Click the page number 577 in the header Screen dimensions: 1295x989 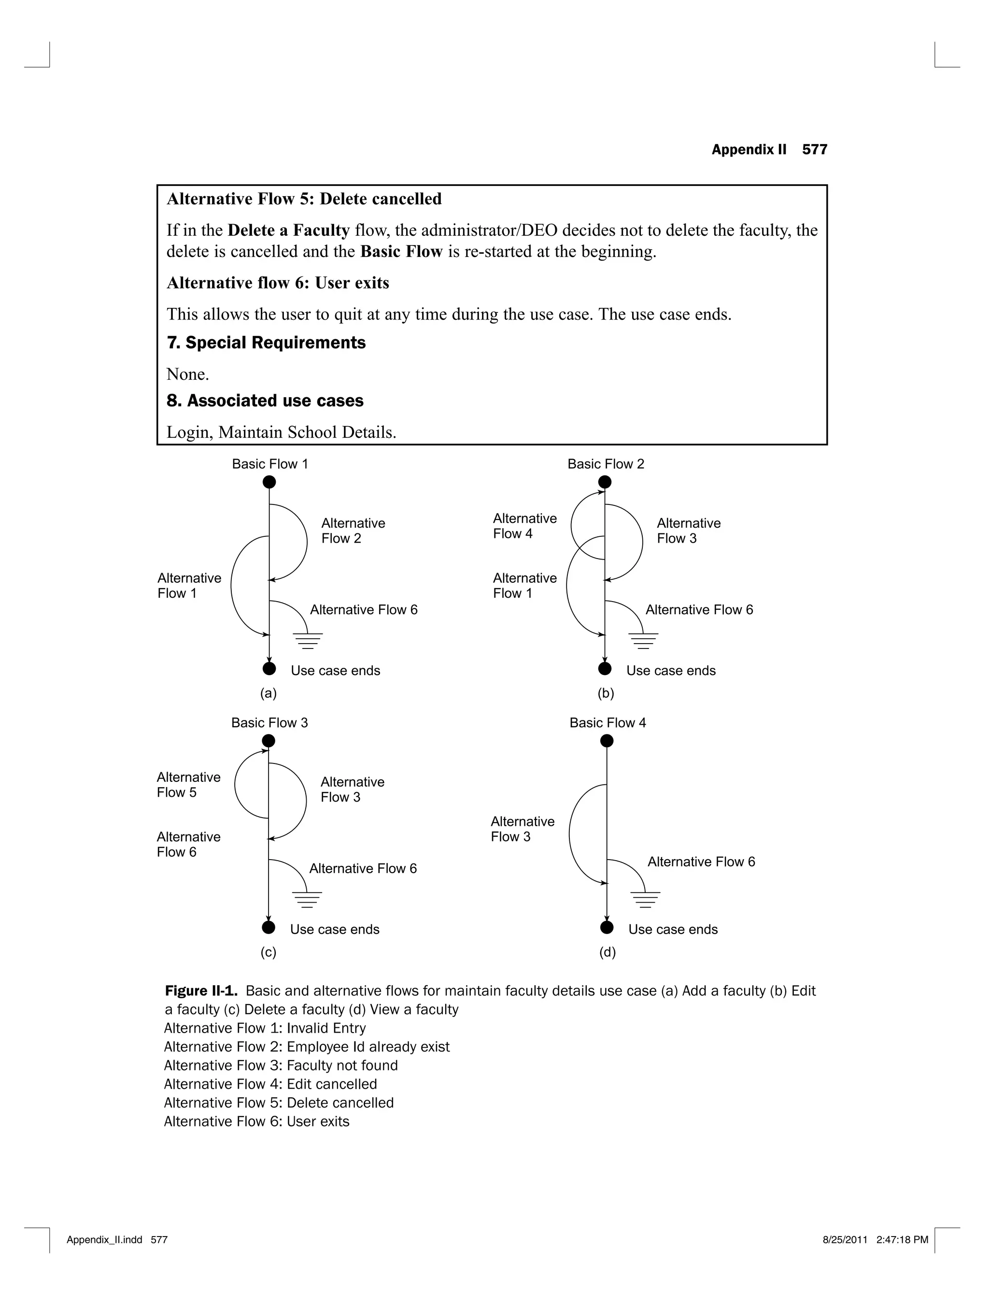click(x=814, y=150)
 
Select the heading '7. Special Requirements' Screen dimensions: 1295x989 click(x=266, y=343)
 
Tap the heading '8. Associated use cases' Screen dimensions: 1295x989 click(x=265, y=401)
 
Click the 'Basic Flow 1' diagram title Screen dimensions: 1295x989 click(x=269, y=464)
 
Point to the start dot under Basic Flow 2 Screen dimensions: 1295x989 click(x=605, y=482)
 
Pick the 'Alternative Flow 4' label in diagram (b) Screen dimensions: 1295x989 click(x=524, y=526)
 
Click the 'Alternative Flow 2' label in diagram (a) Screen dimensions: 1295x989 click(x=353, y=531)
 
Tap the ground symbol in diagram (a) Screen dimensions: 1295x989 click(x=307, y=641)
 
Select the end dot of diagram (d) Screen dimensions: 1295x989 click(x=607, y=928)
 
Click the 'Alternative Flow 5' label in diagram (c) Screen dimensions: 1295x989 click(x=188, y=784)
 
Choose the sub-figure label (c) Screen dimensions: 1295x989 click(x=268, y=952)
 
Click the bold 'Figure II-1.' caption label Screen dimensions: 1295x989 click(x=201, y=991)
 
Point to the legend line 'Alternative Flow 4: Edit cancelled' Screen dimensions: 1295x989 click(x=270, y=1084)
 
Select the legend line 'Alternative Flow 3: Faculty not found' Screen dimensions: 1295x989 click(x=281, y=1065)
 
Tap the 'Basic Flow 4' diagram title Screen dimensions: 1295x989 click(x=608, y=722)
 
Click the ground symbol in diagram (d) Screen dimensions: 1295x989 click(x=645, y=899)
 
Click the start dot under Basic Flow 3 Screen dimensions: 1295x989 click(x=268, y=741)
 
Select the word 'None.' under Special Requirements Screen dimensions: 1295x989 click(x=188, y=374)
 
